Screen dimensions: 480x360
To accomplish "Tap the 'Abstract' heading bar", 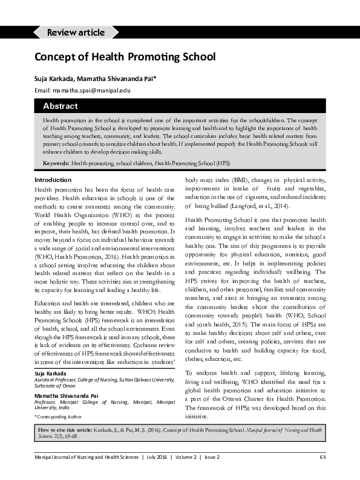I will [x=60, y=106].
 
